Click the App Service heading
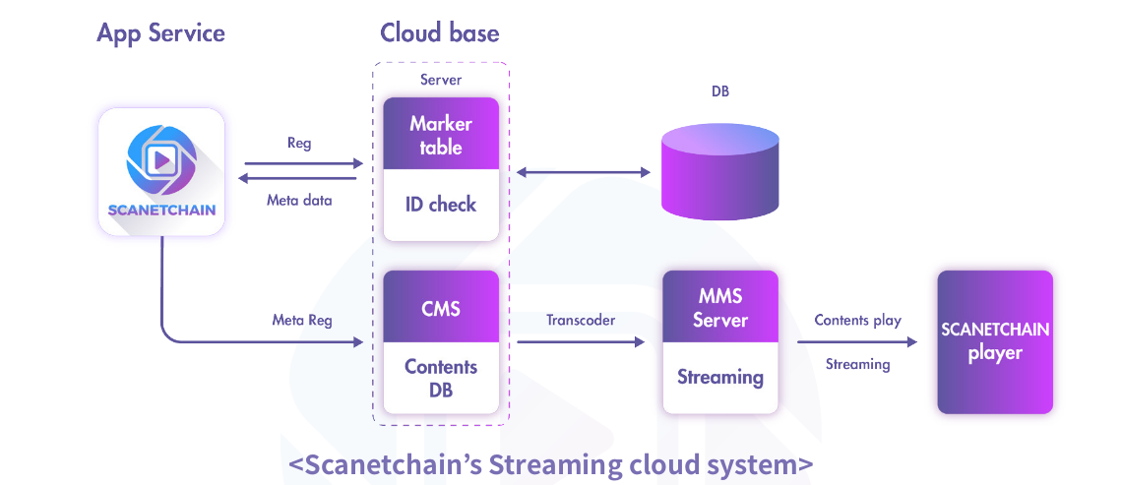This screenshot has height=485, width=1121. (x=160, y=32)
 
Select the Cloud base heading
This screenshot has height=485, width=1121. (x=439, y=32)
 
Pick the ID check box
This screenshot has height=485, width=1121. (x=441, y=206)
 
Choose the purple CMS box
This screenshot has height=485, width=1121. (x=441, y=308)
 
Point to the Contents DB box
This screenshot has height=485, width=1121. (x=441, y=378)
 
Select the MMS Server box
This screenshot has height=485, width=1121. (x=719, y=308)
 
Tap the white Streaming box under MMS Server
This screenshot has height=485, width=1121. (x=719, y=378)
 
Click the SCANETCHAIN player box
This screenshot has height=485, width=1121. (x=995, y=341)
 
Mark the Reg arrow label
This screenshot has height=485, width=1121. (x=299, y=144)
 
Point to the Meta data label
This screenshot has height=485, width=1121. (x=299, y=201)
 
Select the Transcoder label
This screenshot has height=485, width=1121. (x=581, y=321)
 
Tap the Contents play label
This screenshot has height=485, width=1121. (x=857, y=321)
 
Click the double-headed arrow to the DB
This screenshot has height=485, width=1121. (x=585, y=173)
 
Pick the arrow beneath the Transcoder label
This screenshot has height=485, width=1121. (x=581, y=341)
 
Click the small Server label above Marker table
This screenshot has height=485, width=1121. (x=440, y=80)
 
